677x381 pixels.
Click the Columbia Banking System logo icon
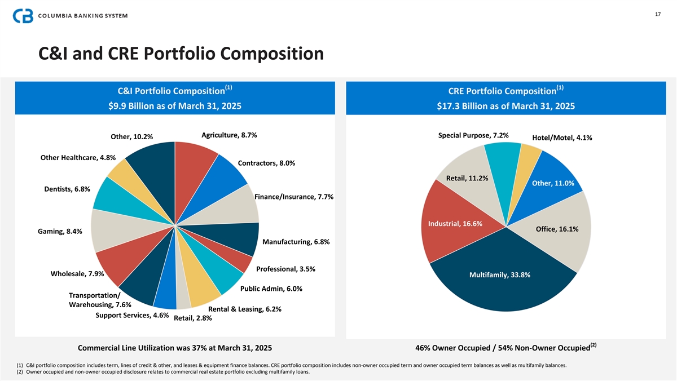click(x=24, y=15)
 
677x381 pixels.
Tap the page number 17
click(x=658, y=14)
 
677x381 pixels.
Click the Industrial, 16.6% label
click(x=455, y=224)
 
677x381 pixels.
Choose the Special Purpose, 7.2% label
click(x=473, y=135)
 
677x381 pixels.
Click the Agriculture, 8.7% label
click(x=229, y=135)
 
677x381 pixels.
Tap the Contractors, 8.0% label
click(x=266, y=163)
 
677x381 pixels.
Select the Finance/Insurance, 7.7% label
click(x=294, y=197)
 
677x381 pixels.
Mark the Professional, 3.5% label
click(x=285, y=269)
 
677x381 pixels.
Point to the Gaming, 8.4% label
click(x=60, y=232)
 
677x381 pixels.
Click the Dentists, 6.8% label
click(x=67, y=189)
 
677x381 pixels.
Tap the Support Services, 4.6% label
click(x=132, y=315)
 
